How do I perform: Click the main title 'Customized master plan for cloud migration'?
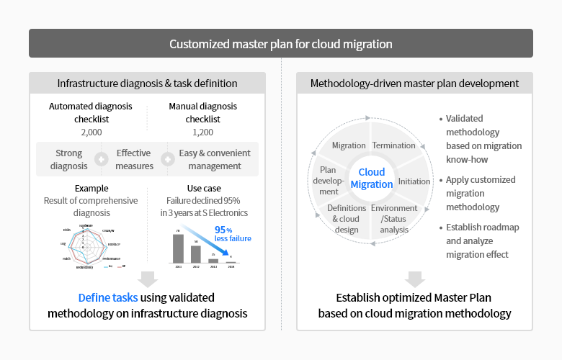(281, 44)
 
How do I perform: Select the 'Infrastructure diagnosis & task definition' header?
(147, 84)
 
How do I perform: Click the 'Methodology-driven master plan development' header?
(414, 84)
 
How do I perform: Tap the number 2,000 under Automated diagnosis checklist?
(91, 132)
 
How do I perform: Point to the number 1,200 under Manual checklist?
(202, 132)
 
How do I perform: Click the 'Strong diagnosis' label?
(69, 159)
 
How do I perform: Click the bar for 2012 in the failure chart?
(196, 254)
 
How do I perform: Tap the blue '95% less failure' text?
(232, 234)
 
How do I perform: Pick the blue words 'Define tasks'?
(108, 297)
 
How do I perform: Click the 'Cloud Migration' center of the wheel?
(372, 178)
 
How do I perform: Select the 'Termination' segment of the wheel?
(393, 145)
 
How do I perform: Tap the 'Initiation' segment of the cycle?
(414, 181)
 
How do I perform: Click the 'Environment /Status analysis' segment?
(394, 218)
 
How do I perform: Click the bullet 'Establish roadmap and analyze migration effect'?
(482, 240)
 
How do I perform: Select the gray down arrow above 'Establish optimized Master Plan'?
(414, 279)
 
